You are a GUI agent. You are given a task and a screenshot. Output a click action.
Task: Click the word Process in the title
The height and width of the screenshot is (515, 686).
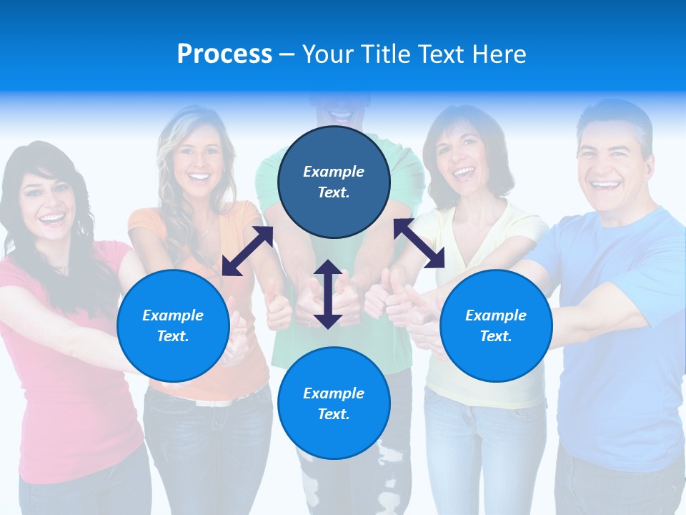[224, 54]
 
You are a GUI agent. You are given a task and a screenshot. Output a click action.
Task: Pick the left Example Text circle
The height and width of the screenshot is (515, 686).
[173, 325]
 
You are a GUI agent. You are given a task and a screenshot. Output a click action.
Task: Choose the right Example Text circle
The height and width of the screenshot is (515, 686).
[496, 325]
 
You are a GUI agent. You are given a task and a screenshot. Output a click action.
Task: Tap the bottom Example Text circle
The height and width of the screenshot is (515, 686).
[334, 403]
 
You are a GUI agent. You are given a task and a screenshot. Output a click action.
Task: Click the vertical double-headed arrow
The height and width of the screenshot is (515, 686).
[328, 294]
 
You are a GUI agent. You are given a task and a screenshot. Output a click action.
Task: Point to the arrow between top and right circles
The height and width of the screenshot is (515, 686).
[419, 243]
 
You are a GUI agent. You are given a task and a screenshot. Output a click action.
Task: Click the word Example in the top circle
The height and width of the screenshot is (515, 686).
[334, 172]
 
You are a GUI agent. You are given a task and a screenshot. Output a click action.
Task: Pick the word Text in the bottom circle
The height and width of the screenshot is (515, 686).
[334, 414]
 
